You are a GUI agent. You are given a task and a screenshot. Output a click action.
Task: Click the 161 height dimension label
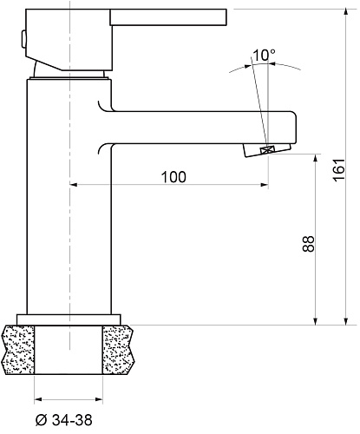[339, 170]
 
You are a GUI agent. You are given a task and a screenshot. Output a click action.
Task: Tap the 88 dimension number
[309, 244]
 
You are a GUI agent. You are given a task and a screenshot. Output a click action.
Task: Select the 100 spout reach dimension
[173, 177]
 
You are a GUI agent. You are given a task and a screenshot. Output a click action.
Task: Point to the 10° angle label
[264, 55]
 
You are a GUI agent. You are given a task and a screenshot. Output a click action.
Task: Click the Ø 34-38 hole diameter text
[64, 420]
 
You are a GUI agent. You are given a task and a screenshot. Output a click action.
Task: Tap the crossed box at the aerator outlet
[267, 150]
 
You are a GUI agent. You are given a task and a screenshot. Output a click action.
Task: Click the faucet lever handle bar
[168, 17]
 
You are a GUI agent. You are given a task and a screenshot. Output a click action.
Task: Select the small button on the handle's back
[23, 39]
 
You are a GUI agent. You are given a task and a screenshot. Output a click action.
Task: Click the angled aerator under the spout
[266, 150]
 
